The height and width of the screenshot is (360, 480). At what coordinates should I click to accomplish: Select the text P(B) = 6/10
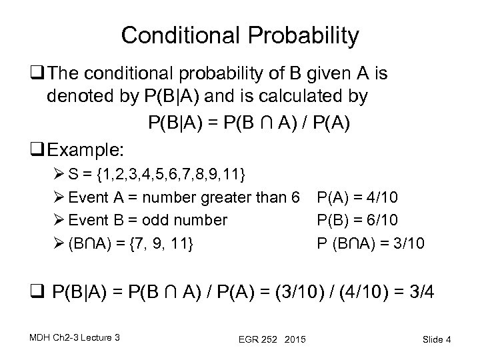360,219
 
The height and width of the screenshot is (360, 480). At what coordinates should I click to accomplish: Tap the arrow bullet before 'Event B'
59,220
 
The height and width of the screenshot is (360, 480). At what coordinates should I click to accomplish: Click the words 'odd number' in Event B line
189,219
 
